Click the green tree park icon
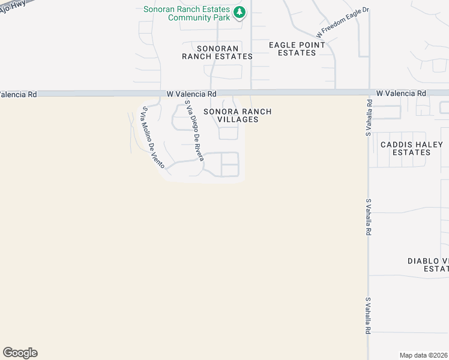tap(240, 13)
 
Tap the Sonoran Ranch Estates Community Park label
tap(187, 13)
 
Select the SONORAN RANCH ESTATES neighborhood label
tap(218, 52)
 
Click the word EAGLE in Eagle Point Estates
tap(285, 45)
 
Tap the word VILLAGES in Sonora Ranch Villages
tap(238, 119)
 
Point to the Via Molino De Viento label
tap(152, 137)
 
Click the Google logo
tap(20, 353)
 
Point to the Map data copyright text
tap(424, 355)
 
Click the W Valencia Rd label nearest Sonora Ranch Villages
tap(191, 94)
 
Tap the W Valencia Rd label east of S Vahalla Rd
tap(402, 94)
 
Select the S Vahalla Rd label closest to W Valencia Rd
tap(369, 118)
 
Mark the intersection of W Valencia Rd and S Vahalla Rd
tap(368, 94)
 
